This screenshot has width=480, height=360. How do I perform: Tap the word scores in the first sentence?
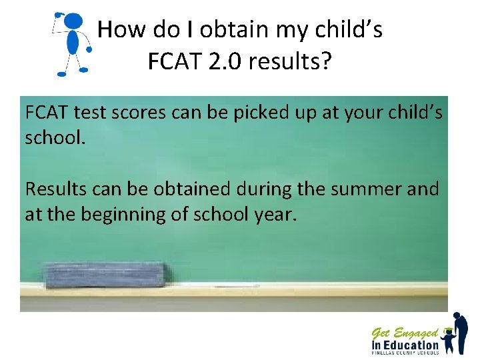(135, 113)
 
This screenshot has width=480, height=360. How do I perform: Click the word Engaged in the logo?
(415, 332)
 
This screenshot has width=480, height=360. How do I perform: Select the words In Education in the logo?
(405, 345)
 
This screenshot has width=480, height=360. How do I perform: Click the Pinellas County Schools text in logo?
(405, 353)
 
